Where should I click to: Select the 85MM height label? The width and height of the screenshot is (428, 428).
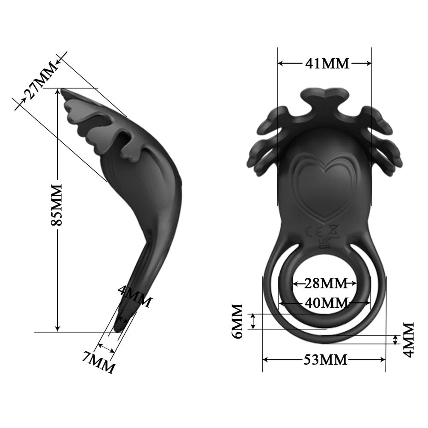pyautogui.click(x=56, y=205)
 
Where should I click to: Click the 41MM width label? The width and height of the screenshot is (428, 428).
pyautogui.click(x=327, y=63)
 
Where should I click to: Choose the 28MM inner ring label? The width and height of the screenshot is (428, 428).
pyautogui.click(x=324, y=283)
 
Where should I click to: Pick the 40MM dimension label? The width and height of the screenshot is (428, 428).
pyautogui.click(x=324, y=303)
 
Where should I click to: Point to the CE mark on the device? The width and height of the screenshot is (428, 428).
pyautogui.click(x=316, y=232)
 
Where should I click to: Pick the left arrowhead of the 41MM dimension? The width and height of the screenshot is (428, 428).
pyautogui.click(x=281, y=63)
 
